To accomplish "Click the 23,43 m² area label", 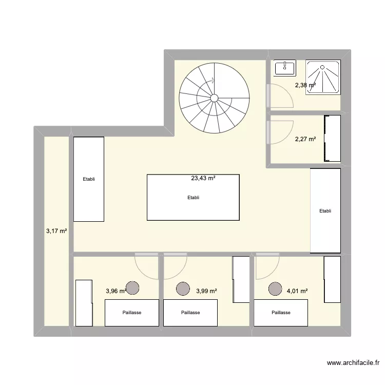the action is tap(203, 178).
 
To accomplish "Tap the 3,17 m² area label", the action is tap(56, 231).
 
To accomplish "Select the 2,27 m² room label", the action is tap(305, 139).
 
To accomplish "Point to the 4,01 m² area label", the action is tap(297, 291).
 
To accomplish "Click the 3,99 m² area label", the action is tap(206, 291).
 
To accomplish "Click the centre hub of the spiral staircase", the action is tap(214, 98).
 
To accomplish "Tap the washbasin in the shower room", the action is tap(284, 68).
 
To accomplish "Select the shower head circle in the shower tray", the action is tap(322, 67).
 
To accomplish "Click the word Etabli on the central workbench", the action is tap(193, 198).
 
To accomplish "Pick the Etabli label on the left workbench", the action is tap(89, 179).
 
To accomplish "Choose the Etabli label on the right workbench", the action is tap(325, 210).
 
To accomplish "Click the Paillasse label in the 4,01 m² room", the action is tap(281, 313).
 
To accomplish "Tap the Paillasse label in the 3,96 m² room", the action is tap(132, 313).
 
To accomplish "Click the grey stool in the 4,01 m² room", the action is tap(275, 288).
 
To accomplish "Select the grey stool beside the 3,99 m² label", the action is tap(183, 288).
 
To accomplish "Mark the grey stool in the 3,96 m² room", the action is tap(132, 288).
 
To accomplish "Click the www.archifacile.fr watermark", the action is tap(353, 362).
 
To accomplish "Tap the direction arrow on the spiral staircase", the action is tap(213, 80).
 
